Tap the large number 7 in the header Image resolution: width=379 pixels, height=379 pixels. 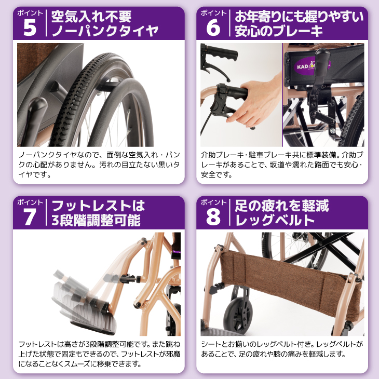tap(30, 216)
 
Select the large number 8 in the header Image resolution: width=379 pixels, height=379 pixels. tap(213, 216)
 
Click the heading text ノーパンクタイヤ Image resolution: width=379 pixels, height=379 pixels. tap(105, 31)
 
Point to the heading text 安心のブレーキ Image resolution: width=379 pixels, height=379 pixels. tap(279, 31)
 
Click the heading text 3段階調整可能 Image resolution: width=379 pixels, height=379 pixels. tap(96, 220)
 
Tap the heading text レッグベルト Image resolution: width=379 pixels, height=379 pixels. tap(275, 220)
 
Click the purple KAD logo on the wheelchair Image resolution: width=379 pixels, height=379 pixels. tap(312, 66)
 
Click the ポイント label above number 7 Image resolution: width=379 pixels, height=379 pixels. tap(30, 202)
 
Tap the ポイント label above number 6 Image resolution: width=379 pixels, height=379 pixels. tap(213, 13)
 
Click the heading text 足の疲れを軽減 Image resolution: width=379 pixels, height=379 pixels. tap(282, 206)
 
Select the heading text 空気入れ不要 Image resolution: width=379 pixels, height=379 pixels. tap(91, 17)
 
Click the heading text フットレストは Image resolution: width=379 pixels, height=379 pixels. tap(98, 206)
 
